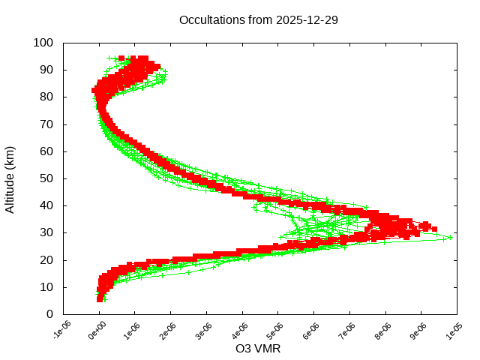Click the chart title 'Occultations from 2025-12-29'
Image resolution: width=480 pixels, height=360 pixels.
(258, 19)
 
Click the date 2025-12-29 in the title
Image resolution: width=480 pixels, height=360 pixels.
(307, 19)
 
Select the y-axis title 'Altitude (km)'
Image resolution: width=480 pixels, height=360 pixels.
(10, 178)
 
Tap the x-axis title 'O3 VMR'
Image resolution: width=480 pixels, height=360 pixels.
(258, 349)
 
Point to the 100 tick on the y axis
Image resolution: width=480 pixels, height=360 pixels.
(43, 43)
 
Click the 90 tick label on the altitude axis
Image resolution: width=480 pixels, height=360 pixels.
(46, 70)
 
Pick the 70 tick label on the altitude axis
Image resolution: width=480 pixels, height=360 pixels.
(46, 124)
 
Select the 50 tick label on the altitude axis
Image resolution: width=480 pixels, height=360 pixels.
(46, 178)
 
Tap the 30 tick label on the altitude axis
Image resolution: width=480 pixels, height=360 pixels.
(46, 232)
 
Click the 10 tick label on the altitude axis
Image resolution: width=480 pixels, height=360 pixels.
(46, 287)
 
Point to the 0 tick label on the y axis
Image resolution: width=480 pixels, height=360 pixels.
(49, 314)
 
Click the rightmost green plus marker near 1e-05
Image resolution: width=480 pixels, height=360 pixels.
(450, 237)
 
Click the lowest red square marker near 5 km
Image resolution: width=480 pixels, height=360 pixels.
(100, 298)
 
